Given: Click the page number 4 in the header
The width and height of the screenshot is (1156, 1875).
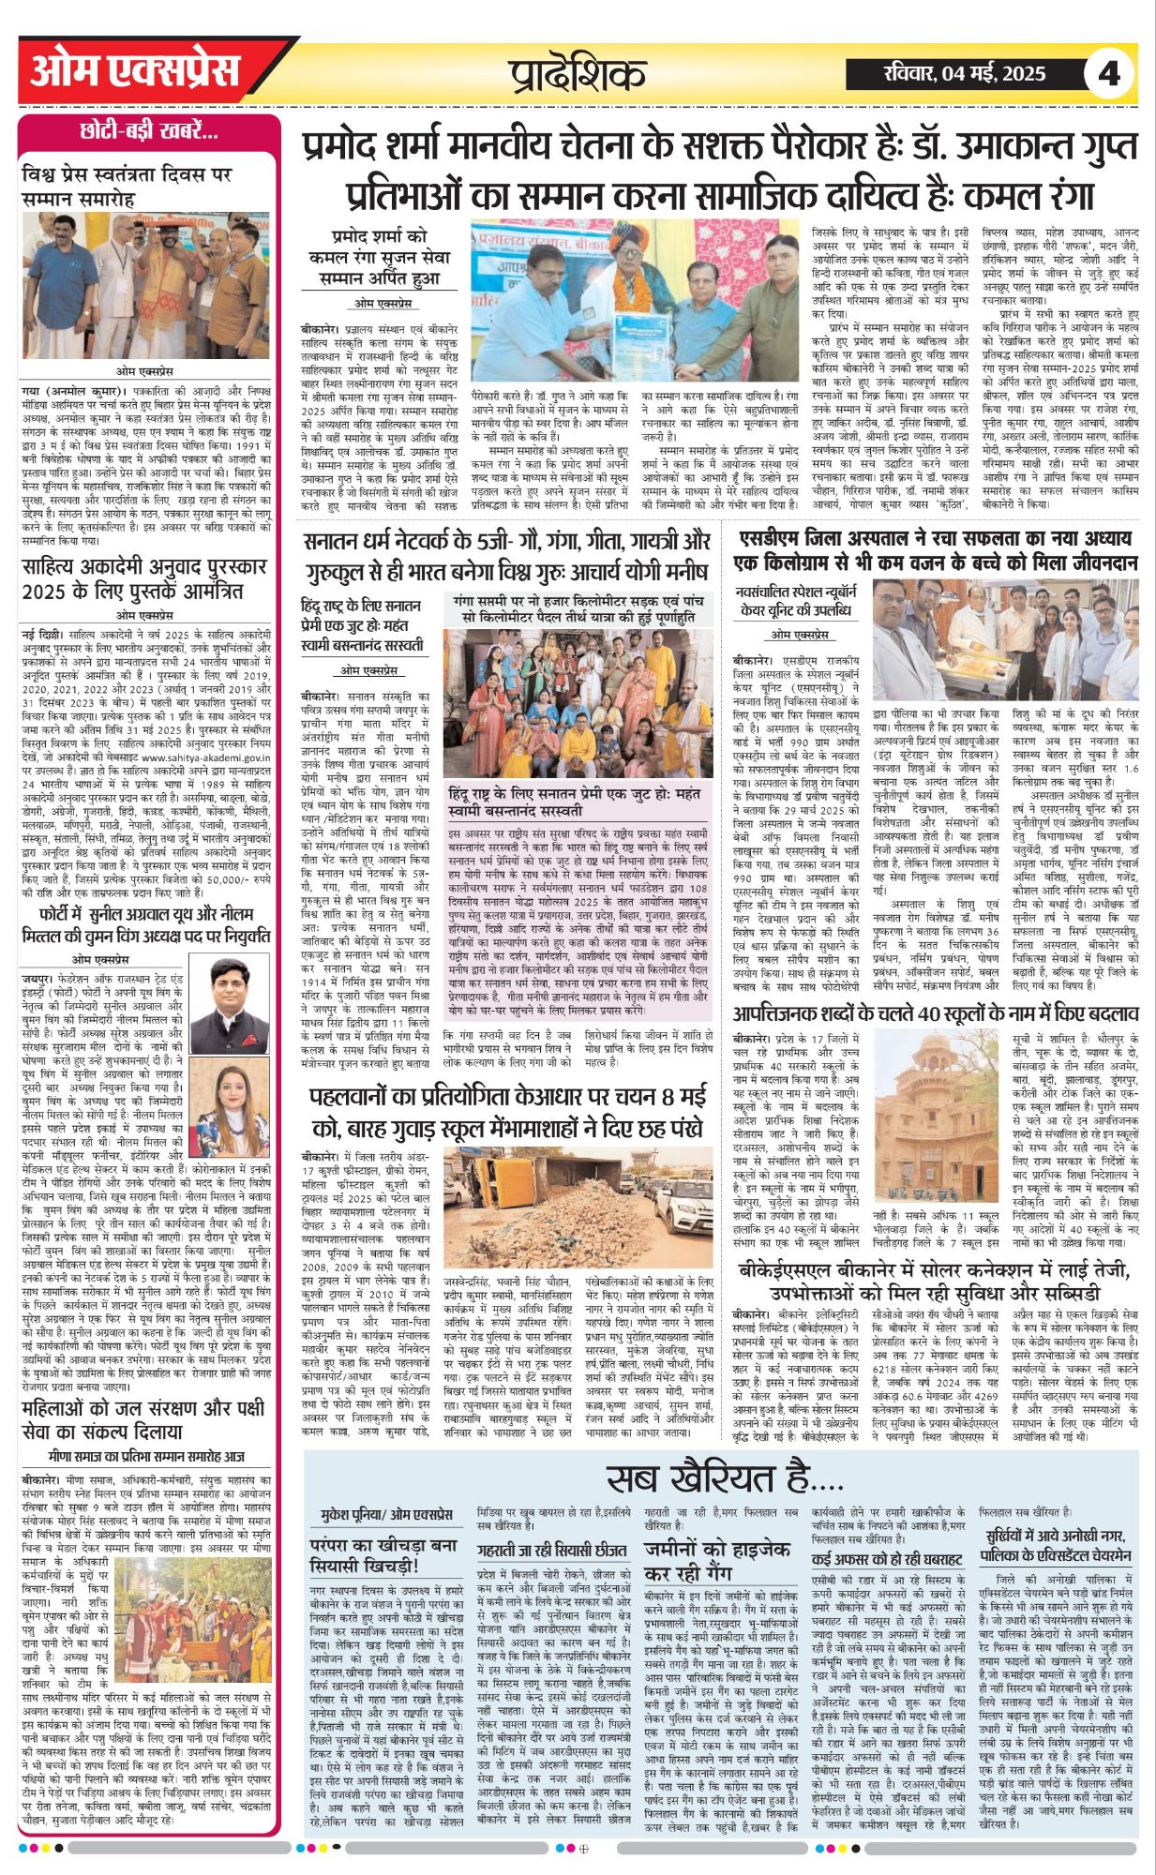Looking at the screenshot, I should point(1108,73).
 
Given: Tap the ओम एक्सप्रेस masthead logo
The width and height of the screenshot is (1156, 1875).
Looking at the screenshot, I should point(134,71).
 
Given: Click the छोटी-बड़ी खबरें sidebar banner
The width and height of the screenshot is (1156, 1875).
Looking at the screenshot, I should point(149,132).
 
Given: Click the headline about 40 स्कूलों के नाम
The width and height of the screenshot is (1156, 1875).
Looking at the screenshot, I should point(935,1015).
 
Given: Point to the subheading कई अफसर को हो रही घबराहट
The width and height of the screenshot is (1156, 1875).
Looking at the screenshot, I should point(886,1559).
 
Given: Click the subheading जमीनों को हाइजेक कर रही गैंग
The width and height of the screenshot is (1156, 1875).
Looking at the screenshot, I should point(716,1561).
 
